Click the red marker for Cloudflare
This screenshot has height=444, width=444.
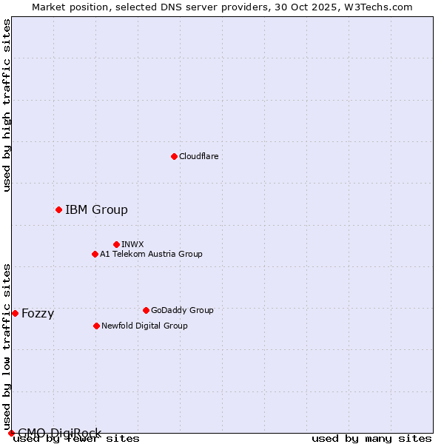pyautogui.click(x=174, y=156)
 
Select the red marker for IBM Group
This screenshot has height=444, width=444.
pyautogui.click(x=58, y=209)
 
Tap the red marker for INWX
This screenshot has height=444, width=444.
pyautogui.click(x=116, y=244)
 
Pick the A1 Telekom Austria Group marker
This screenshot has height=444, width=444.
pyautogui.click(x=95, y=254)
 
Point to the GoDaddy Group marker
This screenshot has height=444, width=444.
pyautogui.click(x=146, y=310)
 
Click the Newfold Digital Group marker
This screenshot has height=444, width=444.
pyautogui.click(x=96, y=326)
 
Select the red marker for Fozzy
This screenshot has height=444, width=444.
pyautogui.click(x=15, y=313)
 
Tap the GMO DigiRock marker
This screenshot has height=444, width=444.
pyautogui.click(x=11, y=433)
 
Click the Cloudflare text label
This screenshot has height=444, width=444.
pyautogui.click(x=198, y=156)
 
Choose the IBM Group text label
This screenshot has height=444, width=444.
pyautogui.click(x=96, y=209)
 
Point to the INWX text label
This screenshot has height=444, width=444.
pyautogui.click(x=132, y=244)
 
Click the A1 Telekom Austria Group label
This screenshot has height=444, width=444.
pyautogui.click(x=151, y=254)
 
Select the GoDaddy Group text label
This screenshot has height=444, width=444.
pyautogui.click(x=182, y=310)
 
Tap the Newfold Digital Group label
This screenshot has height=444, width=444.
pyautogui.click(x=144, y=326)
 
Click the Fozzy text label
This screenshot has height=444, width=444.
pyautogui.click(x=38, y=313)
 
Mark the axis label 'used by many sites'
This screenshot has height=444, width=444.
pyautogui.click(x=371, y=438)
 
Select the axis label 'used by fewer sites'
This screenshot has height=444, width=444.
pyautogui.click(x=76, y=438)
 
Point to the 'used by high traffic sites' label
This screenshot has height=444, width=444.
pyautogui.click(x=7, y=105)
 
